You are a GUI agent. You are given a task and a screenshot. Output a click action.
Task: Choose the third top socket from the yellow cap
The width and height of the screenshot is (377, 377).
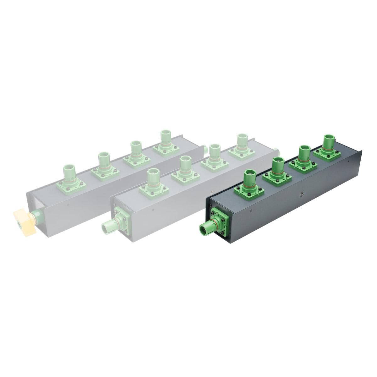136,152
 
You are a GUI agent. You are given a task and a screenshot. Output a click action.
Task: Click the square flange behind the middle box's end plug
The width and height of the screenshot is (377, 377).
120,216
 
